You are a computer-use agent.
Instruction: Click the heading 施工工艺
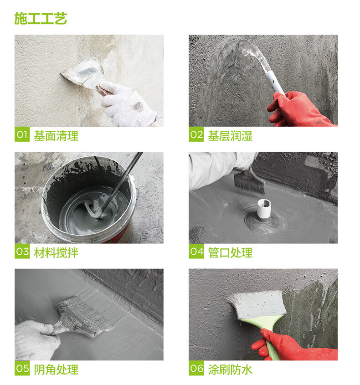[x=41, y=18]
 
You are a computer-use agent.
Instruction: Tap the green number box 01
[x=22, y=134]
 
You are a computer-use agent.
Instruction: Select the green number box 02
[x=196, y=134]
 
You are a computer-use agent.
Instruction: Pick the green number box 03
[x=22, y=251]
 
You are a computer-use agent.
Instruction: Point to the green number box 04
[x=196, y=251]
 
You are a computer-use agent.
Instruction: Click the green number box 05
[x=22, y=368]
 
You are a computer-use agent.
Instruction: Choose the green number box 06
[x=196, y=368]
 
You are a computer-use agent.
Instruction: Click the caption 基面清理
[x=56, y=136]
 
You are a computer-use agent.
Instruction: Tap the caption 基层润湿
[x=230, y=136]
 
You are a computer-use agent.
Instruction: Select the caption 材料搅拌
[x=56, y=253]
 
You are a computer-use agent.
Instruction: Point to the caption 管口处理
[x=230, y=253]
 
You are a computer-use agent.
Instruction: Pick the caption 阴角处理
[x=56, y=370]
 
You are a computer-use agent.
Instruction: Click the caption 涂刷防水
[x=230, y=370]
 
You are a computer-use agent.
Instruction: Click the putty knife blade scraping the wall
[x=83, y=73]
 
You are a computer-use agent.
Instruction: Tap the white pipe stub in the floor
[x=264, y=209]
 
